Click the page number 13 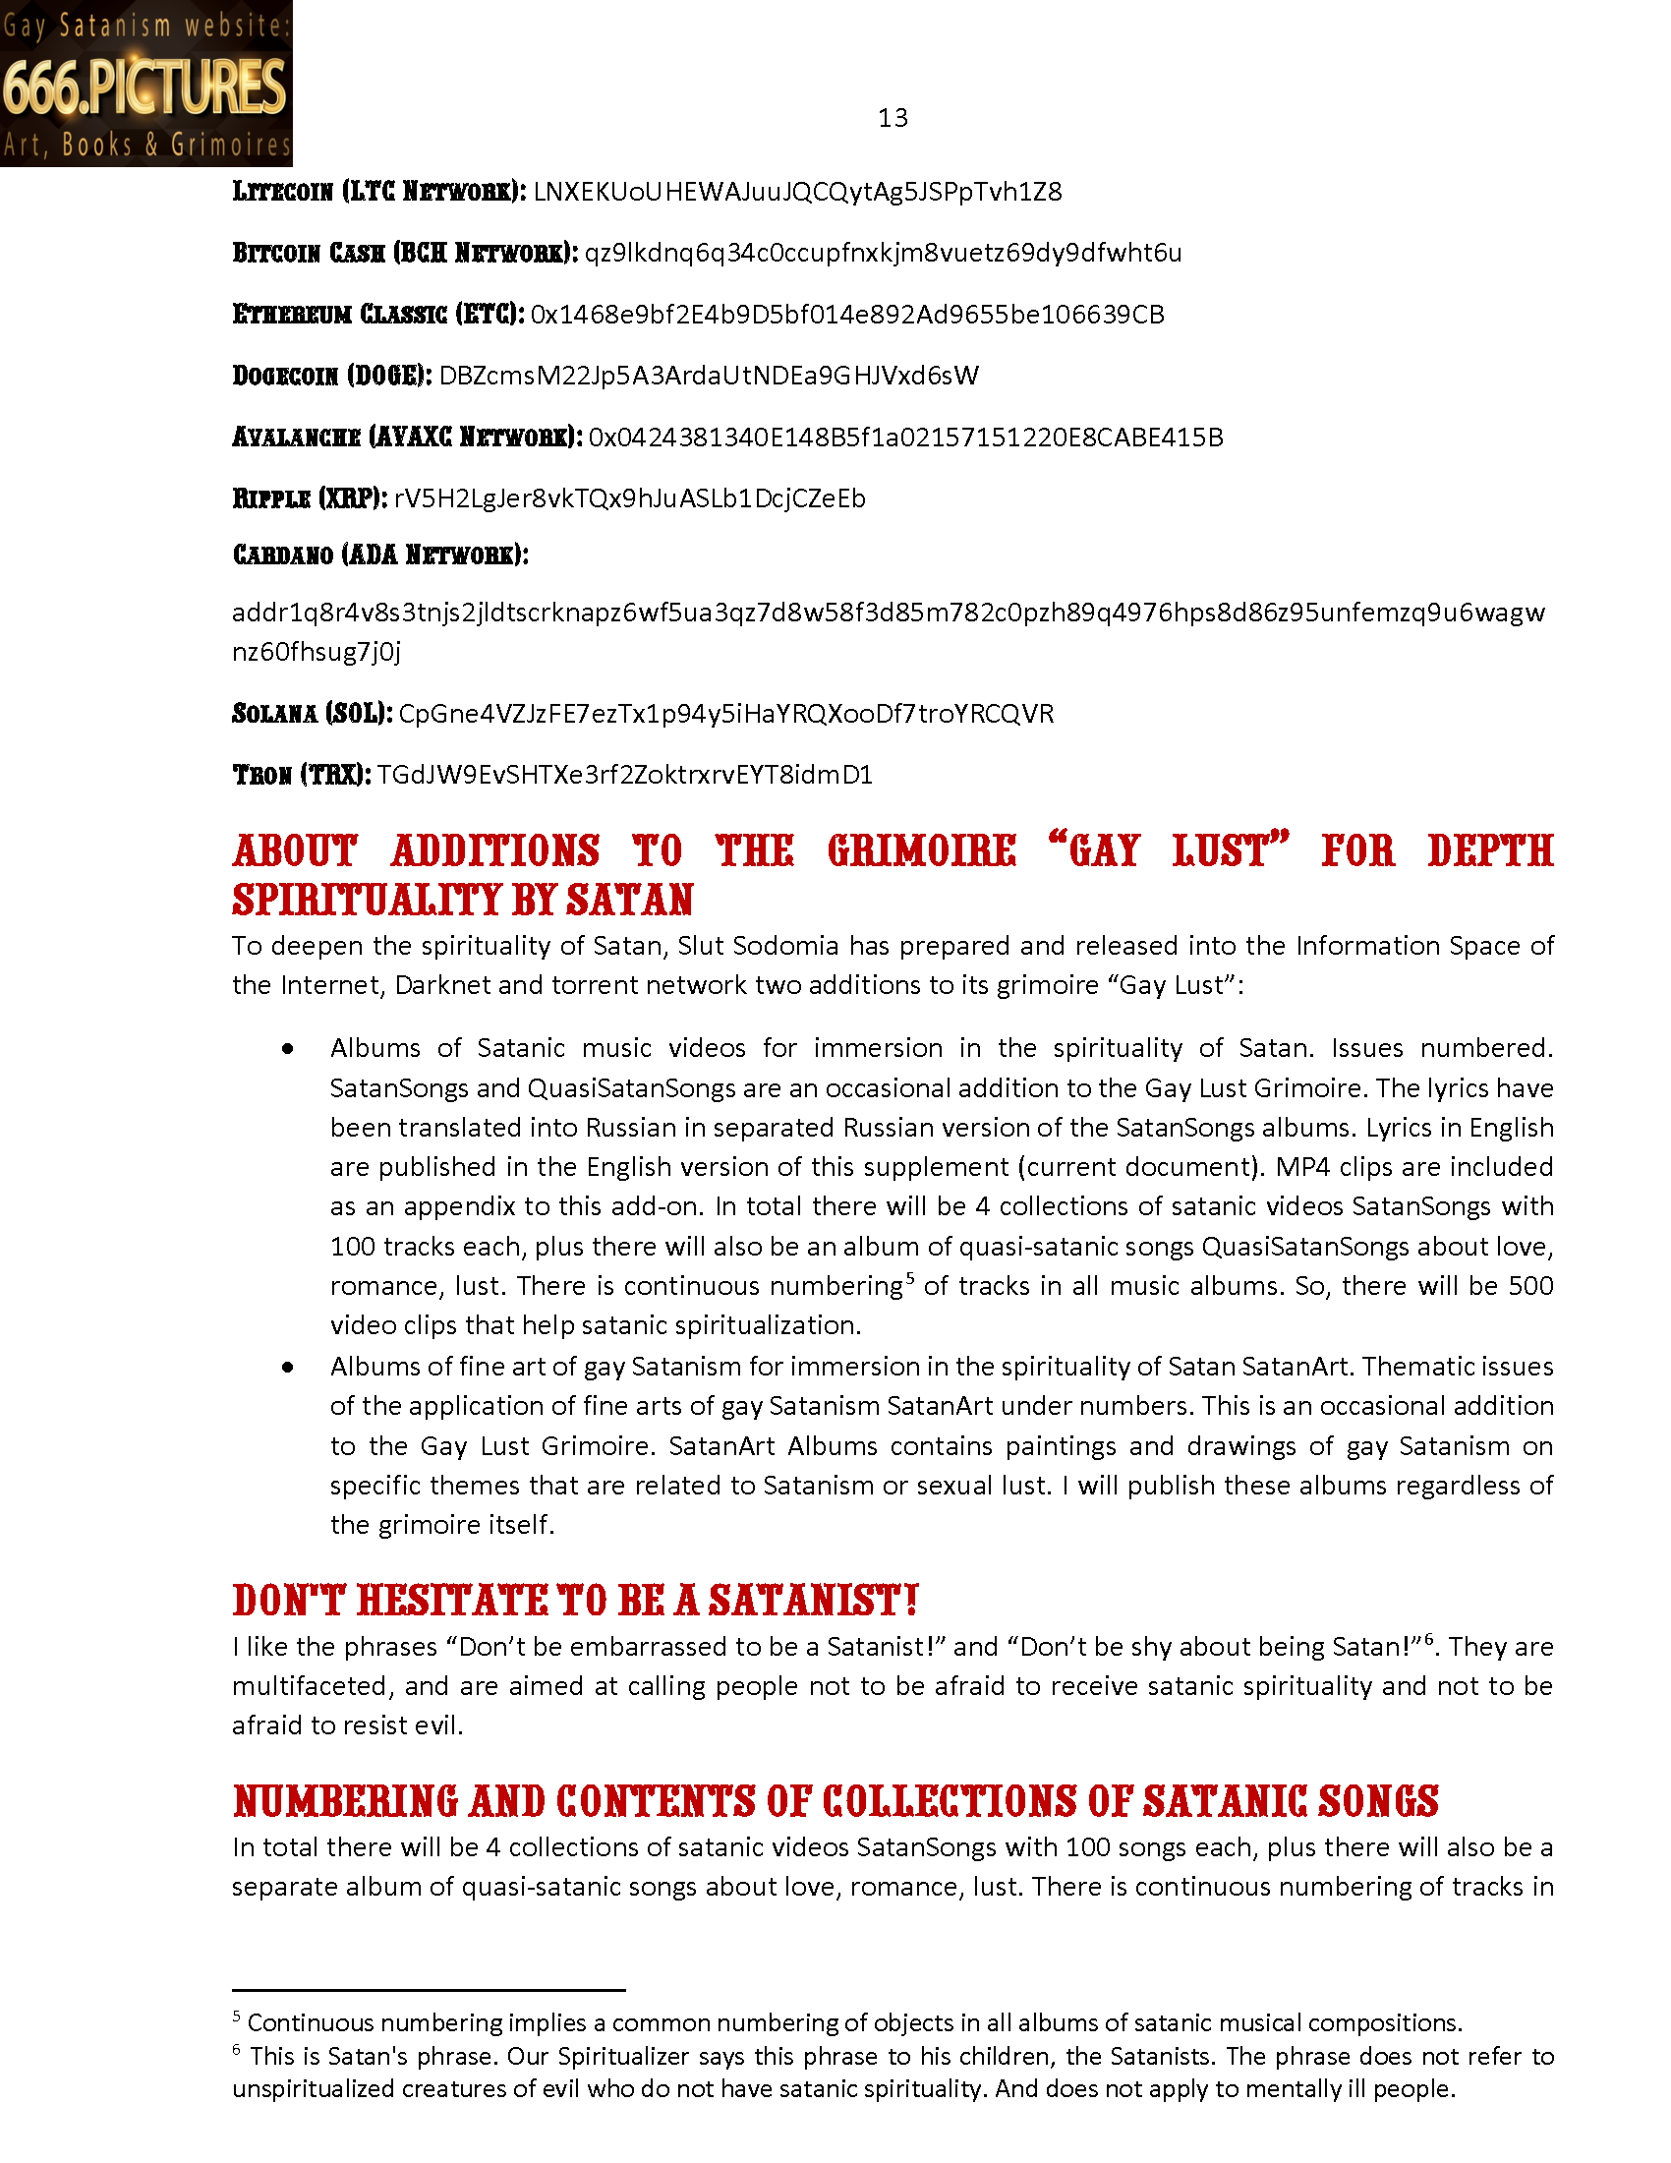[x=892, y=118]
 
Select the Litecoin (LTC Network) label [x=378, y=191]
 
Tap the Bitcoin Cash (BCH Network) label [x=404, y=253]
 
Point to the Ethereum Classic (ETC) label [x=377, y=314]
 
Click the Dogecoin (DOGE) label [x=331, y=376]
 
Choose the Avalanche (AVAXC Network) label [x=406, y=437]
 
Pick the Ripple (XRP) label [x=309, y=498]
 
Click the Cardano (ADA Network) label [x=380, y=555]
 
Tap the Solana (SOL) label [x=312, y=713]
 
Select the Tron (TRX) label [x=301, y=775]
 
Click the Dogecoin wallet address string [x=709, y=376]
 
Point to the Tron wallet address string [x=624, y=775]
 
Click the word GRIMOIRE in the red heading [x=922, y=850]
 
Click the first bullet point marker [x=288, y=1049]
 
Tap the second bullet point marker [x=288, y=1367]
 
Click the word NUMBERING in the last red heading [x=345, y=1801]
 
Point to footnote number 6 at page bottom [x=237, y=2050]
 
